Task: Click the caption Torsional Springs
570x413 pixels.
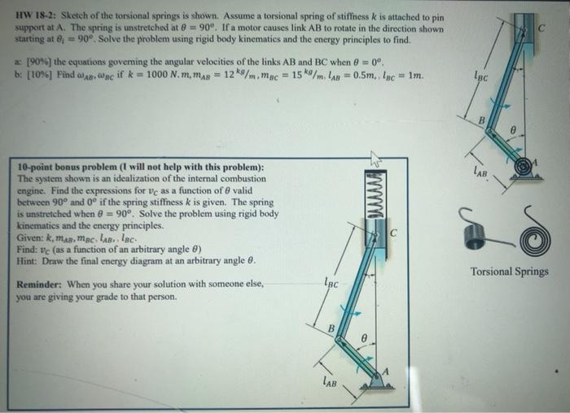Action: coord(510,272)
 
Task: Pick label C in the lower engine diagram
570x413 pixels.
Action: coord(394,235)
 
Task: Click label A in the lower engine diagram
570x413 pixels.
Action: coord(387,371)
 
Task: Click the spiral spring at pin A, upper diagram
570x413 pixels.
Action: coord(522,165)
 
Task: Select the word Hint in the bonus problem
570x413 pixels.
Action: coord(28,259)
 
